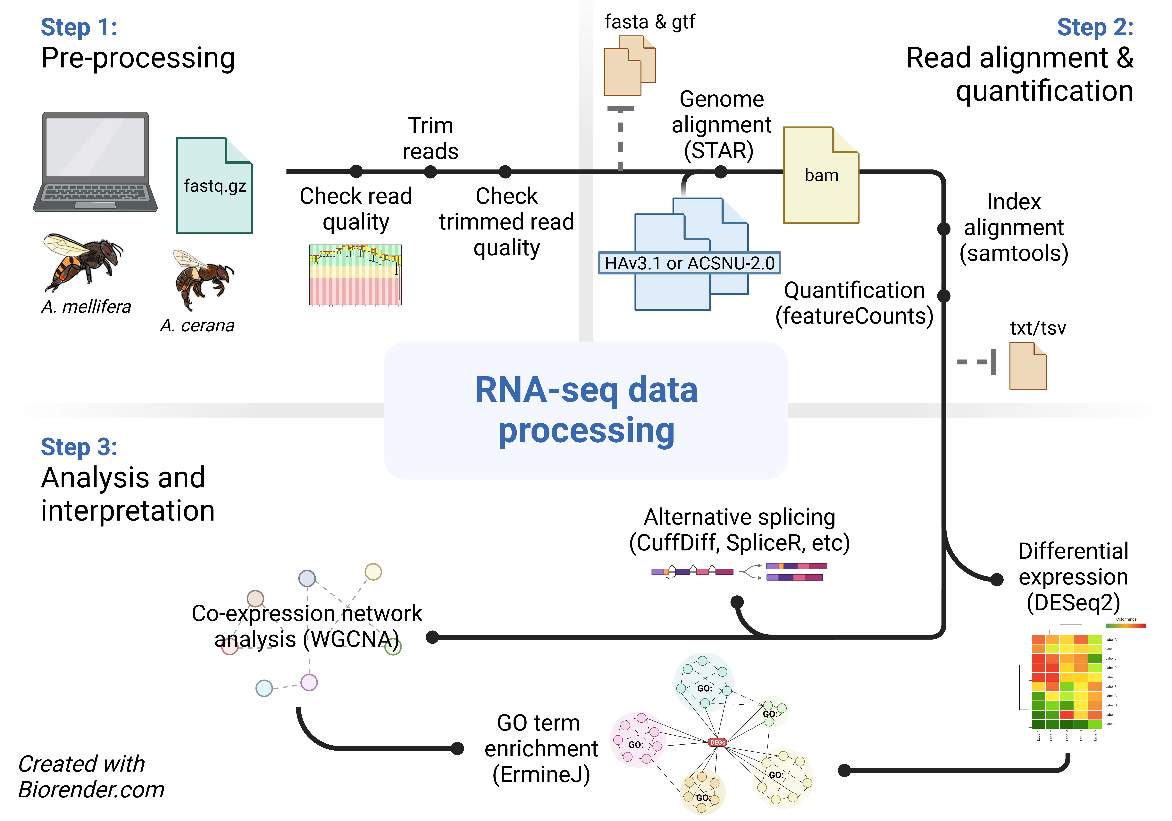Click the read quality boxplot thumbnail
tap(355, 275)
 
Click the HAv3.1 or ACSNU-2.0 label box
tap(689, 263)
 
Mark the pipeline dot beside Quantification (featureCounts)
tap(944, 295)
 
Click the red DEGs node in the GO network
tap(718, 742)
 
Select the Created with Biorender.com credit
tap(91, 777)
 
